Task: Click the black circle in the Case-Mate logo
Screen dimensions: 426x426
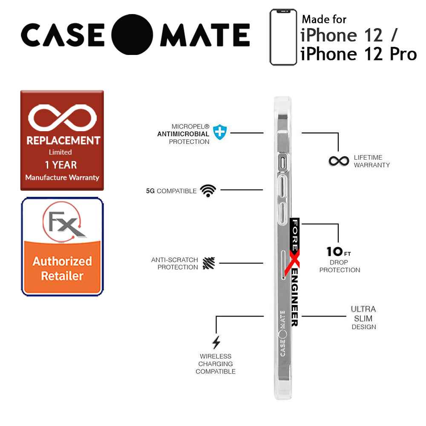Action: (x=133, y=35)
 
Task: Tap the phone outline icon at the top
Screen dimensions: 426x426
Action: (x=283, y=37)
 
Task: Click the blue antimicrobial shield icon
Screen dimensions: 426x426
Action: (x=219, y=132)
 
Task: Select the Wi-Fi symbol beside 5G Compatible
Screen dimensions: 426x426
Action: (x=208, y=190)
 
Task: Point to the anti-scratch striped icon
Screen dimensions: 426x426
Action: (x=208, y=263)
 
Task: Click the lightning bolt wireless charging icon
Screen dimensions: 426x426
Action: (x=216, y=343)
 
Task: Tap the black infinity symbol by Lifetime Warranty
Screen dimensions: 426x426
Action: (x=339, y=161)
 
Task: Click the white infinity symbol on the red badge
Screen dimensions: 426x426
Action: (x=62, y=118)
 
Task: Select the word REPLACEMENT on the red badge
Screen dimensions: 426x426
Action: (x=63, y=141)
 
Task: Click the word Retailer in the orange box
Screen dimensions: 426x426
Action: (x=62, y=276)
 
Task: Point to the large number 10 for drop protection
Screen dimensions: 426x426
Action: (x=334, y=251)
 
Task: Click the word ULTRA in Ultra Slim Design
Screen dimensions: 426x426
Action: (x=363, y=309)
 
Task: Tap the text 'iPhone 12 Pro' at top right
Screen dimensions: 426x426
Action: (x=358, y=54)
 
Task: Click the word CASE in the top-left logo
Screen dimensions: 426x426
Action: (x=63, y=35)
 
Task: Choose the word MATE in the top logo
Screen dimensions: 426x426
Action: (x=204, y=35)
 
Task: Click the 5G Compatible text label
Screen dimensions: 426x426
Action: (x=171, y=191)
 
